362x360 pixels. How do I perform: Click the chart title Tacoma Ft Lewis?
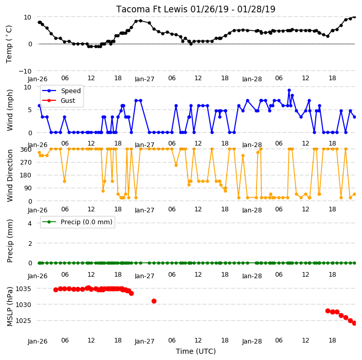click(x=152, y=9)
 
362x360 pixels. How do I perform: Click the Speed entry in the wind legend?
click(x=70, y=91)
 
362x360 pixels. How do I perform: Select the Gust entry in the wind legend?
click(x=68, y=101)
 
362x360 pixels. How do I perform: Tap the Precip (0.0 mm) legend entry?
click(x=86, y=222)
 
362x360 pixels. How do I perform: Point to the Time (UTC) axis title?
click(x=196, y=351)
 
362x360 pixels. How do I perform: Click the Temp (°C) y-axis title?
click(x=9, y=44)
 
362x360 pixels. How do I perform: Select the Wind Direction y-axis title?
click(x=10, y=176)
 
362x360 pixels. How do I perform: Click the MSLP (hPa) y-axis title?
click(x=10, y=307)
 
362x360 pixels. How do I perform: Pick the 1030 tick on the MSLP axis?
click(x=23, y=305)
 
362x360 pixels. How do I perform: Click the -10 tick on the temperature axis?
click(x=25, y=71)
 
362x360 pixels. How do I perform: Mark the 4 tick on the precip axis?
click(x=30, y=223)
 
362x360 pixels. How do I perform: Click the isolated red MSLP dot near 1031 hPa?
click(x=154, y=301)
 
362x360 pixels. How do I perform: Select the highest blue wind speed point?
click(x=289, y=91)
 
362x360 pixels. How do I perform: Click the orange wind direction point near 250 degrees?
click(x=176, y=165)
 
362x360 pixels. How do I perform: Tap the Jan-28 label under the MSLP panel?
click(x=252, y=341)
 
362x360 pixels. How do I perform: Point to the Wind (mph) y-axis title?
click(x=10, y=110)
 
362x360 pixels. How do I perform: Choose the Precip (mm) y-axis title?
click(x=10, y=241)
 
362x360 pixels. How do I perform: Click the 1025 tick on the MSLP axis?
click(x=23, y=321)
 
